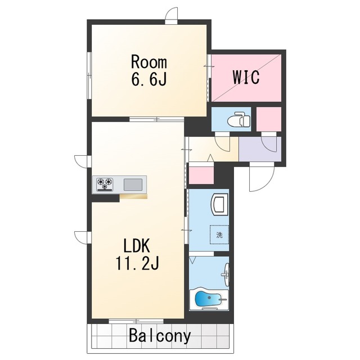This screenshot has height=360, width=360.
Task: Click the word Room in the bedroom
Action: point(148,62)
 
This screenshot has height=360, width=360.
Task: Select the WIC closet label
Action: point(246,77)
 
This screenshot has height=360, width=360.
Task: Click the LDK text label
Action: point(137,246)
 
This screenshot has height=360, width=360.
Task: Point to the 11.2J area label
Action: point(137,263)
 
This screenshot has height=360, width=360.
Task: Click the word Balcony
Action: point(160,336)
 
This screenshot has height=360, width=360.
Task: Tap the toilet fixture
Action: point(238,119)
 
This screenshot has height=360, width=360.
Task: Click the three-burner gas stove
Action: point(105,184)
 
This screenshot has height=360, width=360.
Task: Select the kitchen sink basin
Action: point(133,184)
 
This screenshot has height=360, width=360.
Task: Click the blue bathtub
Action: point(209,299)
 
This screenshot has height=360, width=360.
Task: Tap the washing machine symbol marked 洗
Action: point(219,235)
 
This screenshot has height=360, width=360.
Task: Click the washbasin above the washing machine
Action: point(219,204)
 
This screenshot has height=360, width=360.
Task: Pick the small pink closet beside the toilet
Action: point(269,119)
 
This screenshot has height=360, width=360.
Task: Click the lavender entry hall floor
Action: point(260,148)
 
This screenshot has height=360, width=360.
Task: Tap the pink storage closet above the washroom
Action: point(201,175)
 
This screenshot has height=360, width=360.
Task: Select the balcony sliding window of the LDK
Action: point(136,321)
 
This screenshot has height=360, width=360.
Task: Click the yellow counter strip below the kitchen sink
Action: point(133,196)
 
